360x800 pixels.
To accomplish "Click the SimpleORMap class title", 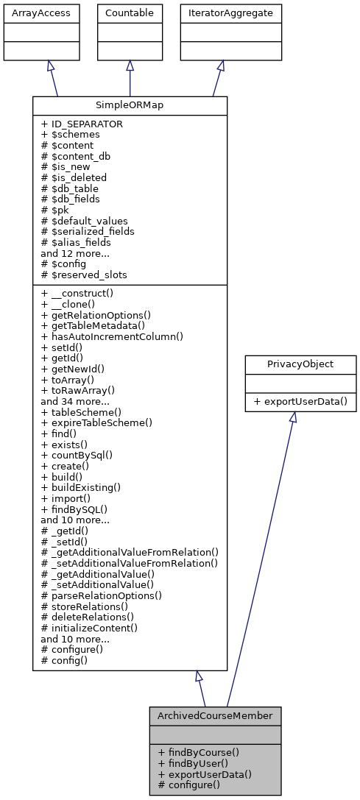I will point(130,105).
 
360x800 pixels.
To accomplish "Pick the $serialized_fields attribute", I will point(93,230).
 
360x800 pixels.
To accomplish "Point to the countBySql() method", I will point(82,455).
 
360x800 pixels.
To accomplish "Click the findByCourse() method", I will point(198,752).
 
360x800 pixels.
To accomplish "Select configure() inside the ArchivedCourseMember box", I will point(189,785).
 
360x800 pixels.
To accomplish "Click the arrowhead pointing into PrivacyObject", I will point(292,417).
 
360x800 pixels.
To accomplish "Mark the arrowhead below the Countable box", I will point(130,66).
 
